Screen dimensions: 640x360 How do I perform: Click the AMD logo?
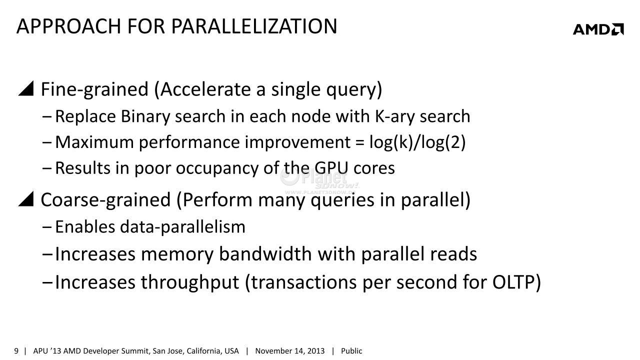pyautogui.click(x=598, y=29)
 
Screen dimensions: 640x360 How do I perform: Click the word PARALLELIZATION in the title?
pyautogui.click(x=254, y=26)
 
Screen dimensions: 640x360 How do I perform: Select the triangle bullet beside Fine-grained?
pyautogui.click(x=26, y=88)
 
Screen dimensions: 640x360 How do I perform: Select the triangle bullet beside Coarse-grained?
pyautogui.click(x=26, y=198)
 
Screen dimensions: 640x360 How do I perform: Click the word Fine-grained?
pyautogui.click(x=94, y=89)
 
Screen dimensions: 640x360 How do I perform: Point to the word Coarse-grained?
pyautogui.click(x=105, y=199)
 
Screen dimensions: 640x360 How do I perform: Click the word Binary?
pyautogui.click(x=145, y=116)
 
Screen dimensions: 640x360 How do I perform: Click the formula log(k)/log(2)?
pyautogui.click(x=417, y=142)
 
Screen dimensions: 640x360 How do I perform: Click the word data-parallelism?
pyautogui.click(x=182, y=227)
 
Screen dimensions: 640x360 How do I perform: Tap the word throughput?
pyautogui.click(x=189, y=282)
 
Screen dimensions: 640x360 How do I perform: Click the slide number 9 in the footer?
pyautogui.click(x=16, y=351)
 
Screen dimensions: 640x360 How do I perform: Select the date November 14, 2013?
pyautogui.click(x=289, y=351)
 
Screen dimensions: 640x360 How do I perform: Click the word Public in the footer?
pyautogui.click(x=351, y=351)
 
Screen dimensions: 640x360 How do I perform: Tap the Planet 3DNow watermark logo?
pyautogui.click(x=319, y=181)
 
